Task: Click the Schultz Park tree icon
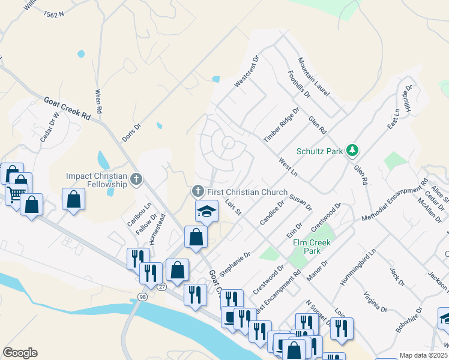(x=354, y=151)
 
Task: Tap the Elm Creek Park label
(x=311, y=247)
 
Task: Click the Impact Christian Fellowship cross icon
(x=136, y=178)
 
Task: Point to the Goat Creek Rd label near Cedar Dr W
(x=66, y=109)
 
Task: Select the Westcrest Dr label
(x=246, y=72)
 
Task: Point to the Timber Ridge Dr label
(x=281, y=125)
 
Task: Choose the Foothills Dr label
(x=299, y=85)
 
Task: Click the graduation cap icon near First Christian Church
(x=206, y=211)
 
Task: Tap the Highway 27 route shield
(x=162, y=287)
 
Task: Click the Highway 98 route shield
(x=142, y=297)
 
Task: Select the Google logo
(x=20, y=353)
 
